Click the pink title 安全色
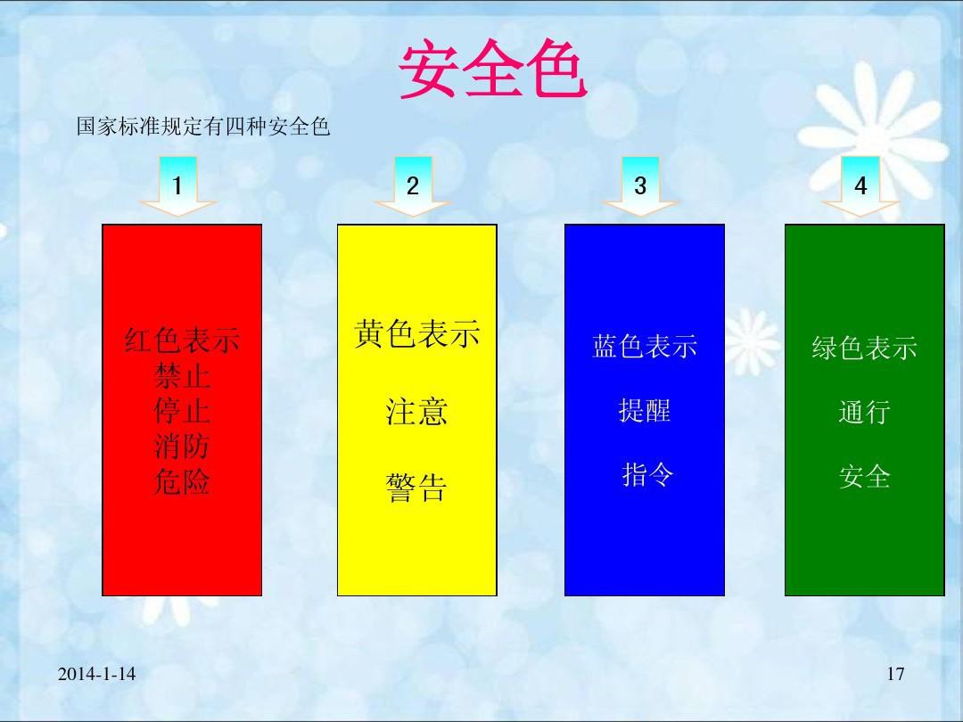(x=492, y=69)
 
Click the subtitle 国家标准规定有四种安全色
(x=203, y=127)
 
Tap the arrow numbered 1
(x=177, y=186)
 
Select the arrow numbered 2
(x=413, y=186)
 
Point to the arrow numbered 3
(x=640, y=186)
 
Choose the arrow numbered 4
(x=860, y=186)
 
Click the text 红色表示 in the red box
(x=182, y=340)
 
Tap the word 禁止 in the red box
(x=182, y=375)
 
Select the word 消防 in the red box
(x=182, y=446)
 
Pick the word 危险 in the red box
(x=182, y=481)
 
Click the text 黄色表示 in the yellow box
(x=417, y=334)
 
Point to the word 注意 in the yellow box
(x=417, y=411)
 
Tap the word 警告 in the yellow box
(x=417, y=488)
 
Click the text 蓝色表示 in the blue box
(x=645, y=346)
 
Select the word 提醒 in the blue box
(x=645, y=410)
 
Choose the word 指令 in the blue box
(x=647, y=474)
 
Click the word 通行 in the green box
(x=865, y=412)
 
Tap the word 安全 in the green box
(x=865, y=476)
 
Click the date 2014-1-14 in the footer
(x=96, y=674)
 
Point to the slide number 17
(x=895, y=674)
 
